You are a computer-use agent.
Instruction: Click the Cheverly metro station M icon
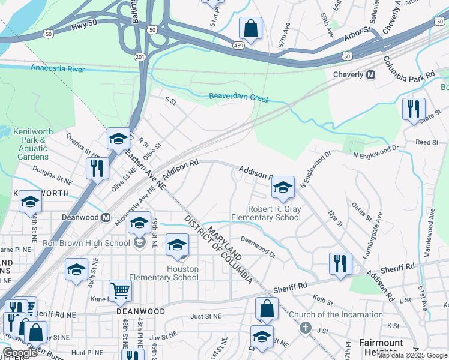pos(370,75)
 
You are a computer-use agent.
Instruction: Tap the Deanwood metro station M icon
pos(106,217)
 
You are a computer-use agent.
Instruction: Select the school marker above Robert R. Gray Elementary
pos(283,188)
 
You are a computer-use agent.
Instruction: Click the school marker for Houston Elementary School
pos(177,245)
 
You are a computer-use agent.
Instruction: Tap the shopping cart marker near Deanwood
pos(121,292)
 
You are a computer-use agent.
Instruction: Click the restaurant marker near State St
pos(413,110)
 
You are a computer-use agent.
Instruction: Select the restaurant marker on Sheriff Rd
pos(340,265)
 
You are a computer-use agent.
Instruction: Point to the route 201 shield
pos(140,56)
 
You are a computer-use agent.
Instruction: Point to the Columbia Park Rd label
pos(409,67)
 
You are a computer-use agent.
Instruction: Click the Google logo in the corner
pos(20,353)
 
